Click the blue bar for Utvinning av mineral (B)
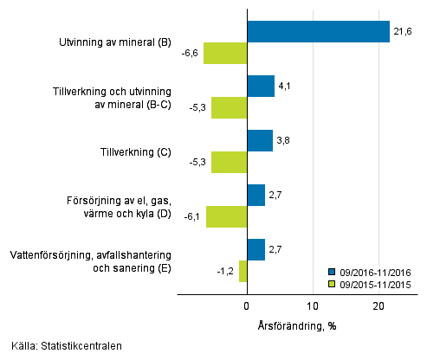318,31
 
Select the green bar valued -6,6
225,53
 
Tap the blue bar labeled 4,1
261,86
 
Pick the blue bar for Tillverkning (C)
260,140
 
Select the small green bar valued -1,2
243,271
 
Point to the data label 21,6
403,32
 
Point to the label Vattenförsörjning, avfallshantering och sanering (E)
90,261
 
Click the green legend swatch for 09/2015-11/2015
333,283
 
